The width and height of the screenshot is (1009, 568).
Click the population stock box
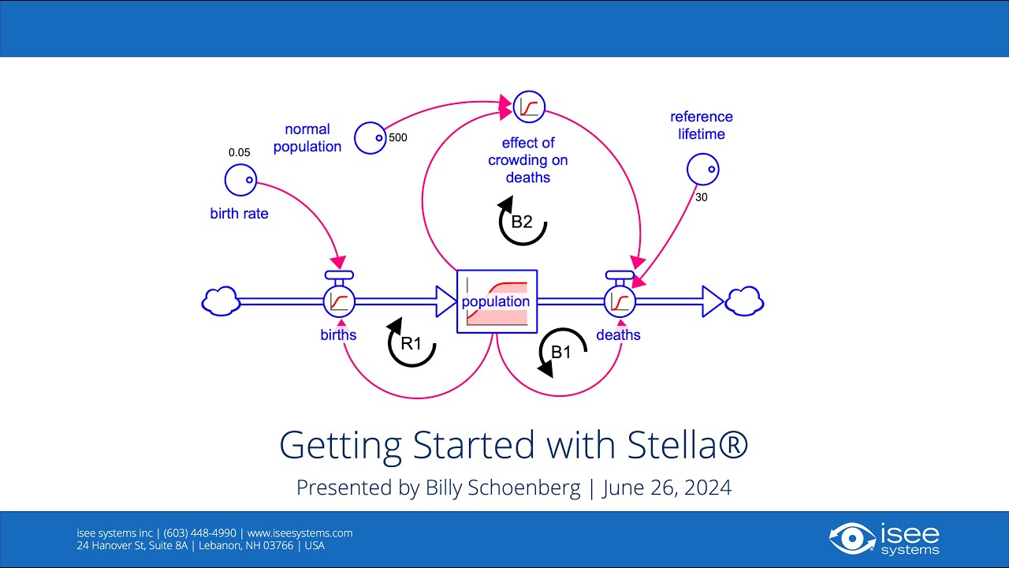click(497, 301)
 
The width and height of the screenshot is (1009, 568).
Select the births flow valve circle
click(339, 301)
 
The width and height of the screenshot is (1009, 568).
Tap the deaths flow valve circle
click(620, 301)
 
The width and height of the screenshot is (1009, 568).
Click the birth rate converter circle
click(240, 180)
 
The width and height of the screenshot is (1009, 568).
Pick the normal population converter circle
click(370, 138)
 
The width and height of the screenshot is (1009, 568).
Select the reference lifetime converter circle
click(702, 169)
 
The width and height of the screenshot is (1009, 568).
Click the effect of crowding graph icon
click(529, 106)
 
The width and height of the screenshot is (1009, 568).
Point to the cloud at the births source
click(221, 301)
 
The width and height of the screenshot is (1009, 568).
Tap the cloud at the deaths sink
click(744, 301)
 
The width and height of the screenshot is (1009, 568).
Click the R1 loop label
click(411, 344)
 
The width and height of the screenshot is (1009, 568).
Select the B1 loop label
click(561, 352)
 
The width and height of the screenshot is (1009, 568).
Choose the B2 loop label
click(522, 222)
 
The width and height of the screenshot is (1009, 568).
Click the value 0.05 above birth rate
click(239, 152)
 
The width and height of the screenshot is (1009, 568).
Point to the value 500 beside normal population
click(398, 137)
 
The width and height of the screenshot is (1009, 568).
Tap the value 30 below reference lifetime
click(701, 197)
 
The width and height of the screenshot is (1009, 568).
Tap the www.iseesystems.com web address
click(300, 532)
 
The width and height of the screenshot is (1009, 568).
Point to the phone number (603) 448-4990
click(199, 532)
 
